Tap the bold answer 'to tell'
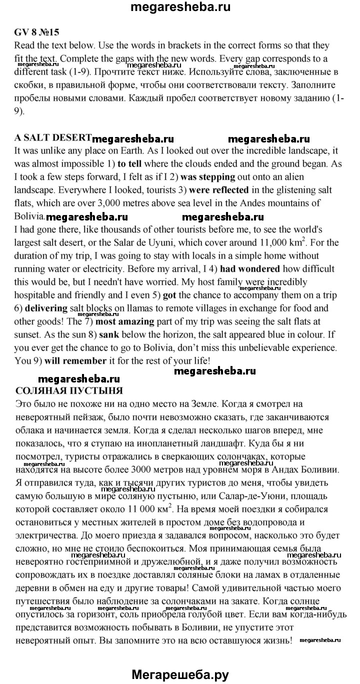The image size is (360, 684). pyautogui.click(x=130, y=164)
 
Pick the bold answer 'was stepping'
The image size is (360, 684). pyautogui.click(x=207, y=177)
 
